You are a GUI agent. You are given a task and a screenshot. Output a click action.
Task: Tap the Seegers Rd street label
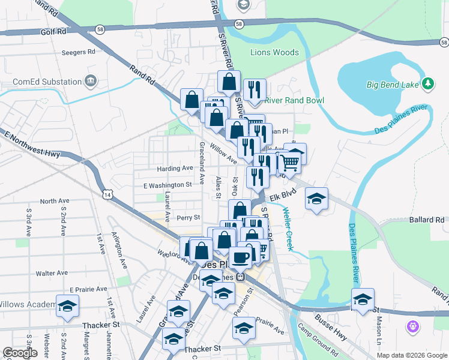[x=79, y=52]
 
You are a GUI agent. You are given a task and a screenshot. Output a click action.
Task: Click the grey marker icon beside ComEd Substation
[x=91, y=80]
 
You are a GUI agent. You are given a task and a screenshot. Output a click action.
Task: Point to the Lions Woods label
[x=274, y=52]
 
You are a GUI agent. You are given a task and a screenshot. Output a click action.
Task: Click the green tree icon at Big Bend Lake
[x=428, y=85]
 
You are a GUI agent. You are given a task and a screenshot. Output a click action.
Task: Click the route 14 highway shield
[x=107, y=195]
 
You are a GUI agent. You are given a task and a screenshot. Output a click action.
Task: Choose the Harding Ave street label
[x=175, y=169]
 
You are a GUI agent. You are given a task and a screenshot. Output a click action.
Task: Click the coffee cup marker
[x=240, y=257]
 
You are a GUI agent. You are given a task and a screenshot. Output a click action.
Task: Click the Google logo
[x=20, y=353]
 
